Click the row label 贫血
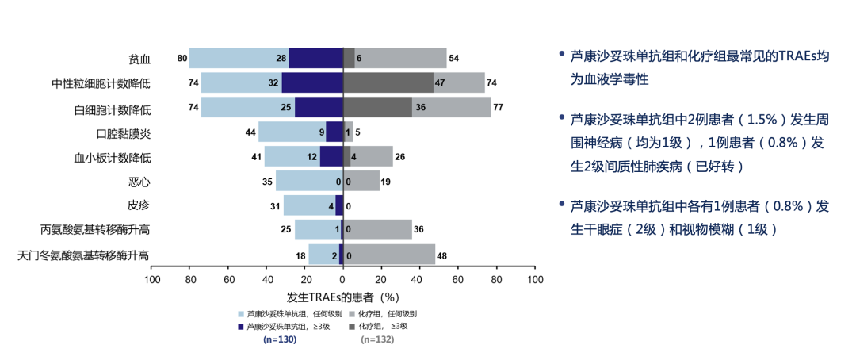point(139,59)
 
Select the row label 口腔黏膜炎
point(123,132)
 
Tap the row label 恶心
point(139,182)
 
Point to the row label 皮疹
point(139,205)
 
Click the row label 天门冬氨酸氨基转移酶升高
point(83,255)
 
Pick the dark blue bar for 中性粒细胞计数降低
point(312,82)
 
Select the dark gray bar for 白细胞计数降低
point(377,108)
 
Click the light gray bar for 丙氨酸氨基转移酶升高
point(377,230)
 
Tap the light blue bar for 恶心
point(309,182)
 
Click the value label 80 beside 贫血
point(182,59)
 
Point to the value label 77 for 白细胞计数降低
point(499,108)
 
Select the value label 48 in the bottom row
point(443,255)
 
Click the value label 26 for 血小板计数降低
point(400,157)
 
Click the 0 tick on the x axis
point(342,280)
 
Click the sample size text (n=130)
point(279,339)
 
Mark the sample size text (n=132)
point(377,339)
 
